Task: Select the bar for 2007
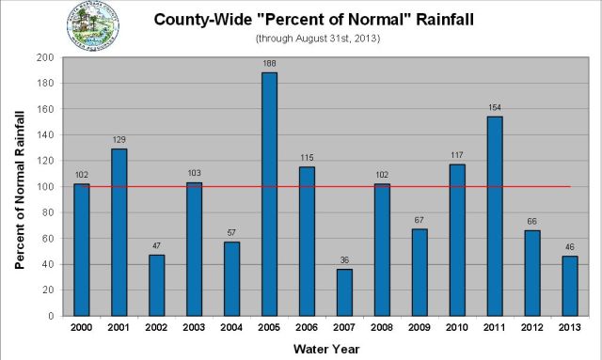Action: click(344, 292)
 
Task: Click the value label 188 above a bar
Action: click(269, 63)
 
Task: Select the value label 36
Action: click(344, 259)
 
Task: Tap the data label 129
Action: click(119, 139)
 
